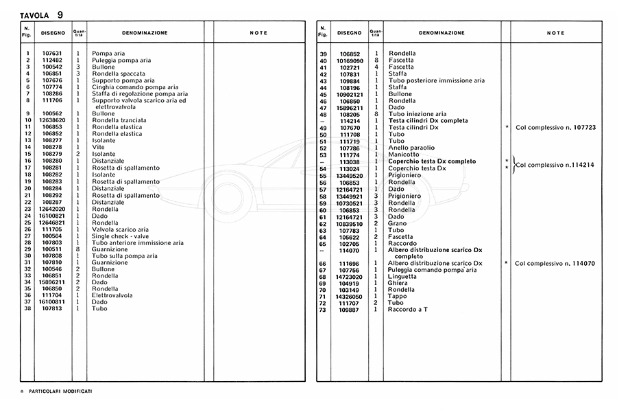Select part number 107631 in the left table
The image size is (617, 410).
coord(52,54)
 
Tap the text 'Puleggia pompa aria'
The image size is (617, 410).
coord(121,60)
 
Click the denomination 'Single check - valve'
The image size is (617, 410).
coord(121,236)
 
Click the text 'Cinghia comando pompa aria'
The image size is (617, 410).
coord(135,87)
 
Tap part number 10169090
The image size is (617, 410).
coord(349,60)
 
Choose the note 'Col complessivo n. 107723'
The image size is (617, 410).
coord(555,127)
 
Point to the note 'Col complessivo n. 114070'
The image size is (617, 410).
coord(555,263)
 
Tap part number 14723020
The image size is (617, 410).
coord(349,276)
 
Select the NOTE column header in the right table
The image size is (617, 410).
coord(556,33)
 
